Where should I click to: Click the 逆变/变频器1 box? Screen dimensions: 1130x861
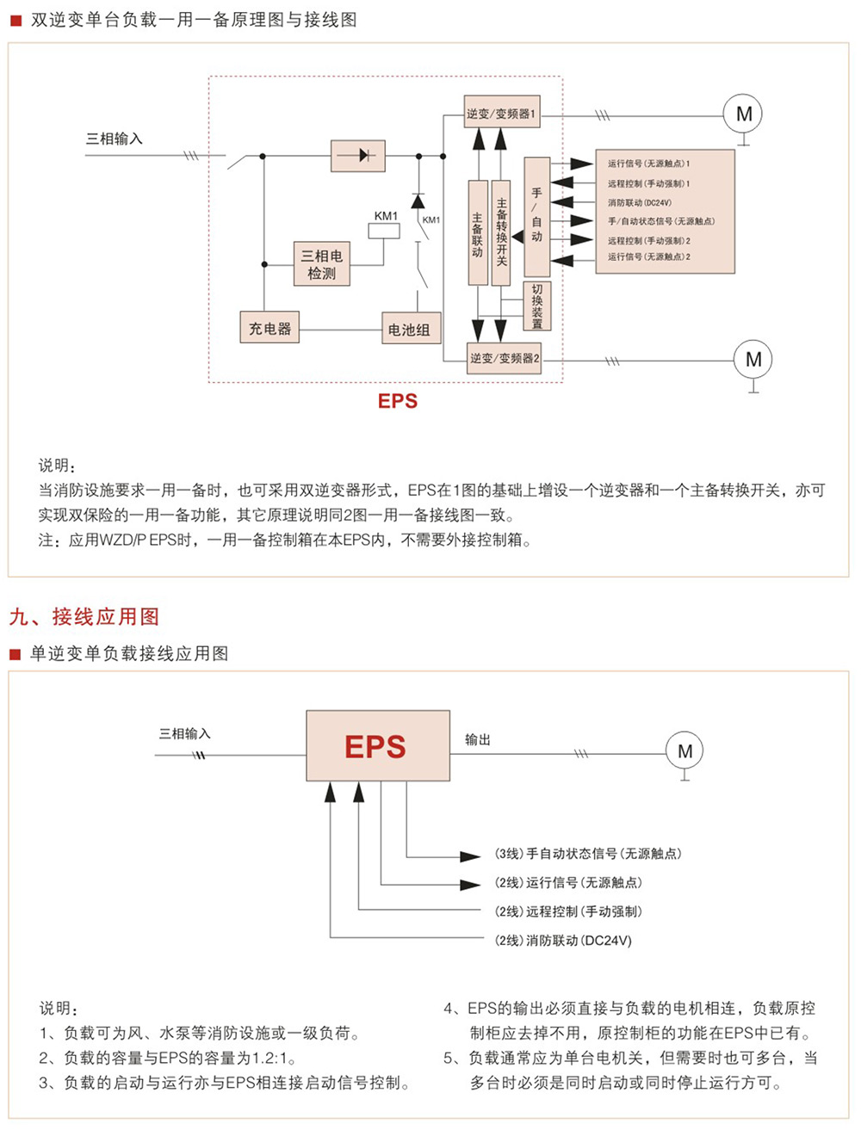(x=502, y=114)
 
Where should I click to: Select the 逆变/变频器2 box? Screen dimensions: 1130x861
(x=505, y=358)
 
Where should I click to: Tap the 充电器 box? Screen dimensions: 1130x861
(x=269, y=328)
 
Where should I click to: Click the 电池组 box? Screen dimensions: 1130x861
(x=409, y=329)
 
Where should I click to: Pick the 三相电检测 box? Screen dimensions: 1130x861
(x=321, y=264)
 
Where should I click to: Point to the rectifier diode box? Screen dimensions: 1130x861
(x=357, y=156)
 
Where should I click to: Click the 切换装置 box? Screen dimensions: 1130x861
(x=537, y=306)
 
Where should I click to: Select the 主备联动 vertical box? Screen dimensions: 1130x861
(x=478, y=232)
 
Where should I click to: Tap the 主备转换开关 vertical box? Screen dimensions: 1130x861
(x=500, y=232)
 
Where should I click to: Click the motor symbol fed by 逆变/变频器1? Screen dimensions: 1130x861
(x=744, y=114)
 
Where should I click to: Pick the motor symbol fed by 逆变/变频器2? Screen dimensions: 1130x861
(x=753, y=360)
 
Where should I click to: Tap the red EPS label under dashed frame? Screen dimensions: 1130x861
(x=398, y=401)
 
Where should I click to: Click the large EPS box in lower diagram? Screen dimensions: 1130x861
(x=378, y=745)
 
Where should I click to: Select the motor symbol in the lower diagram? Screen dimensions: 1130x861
(x=684, y=751)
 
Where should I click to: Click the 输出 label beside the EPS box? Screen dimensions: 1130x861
(x=478, y=739)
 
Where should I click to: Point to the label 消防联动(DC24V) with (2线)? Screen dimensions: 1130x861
(x=563, y=941)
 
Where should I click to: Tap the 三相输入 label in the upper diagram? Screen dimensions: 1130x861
(x=114, y=139)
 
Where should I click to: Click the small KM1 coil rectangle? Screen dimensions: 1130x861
(x=384, y=231)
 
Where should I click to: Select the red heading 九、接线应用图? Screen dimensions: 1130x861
(x=84, y=616)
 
